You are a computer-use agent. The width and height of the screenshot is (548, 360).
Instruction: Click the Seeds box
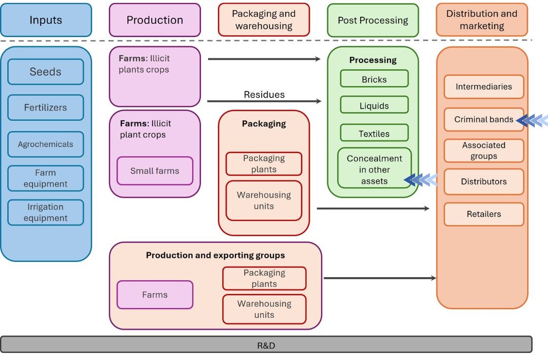[46, 72]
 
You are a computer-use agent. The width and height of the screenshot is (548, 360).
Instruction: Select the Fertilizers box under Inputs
[46, 108]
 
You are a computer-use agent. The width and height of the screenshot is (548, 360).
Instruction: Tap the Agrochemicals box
[46, 144]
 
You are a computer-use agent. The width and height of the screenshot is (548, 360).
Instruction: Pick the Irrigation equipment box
[46, 212]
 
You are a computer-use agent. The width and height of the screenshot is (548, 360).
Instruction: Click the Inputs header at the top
[46, 20]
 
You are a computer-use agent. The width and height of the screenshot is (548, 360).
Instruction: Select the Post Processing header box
[373, 20]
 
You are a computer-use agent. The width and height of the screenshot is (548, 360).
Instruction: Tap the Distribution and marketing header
[482, 20]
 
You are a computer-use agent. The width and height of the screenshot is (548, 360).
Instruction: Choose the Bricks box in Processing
[374, 79]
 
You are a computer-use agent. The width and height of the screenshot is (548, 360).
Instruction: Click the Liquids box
[374, 106]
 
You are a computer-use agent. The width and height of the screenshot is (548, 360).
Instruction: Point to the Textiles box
[374, 134]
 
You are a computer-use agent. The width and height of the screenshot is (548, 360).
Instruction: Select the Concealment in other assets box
[374, 169]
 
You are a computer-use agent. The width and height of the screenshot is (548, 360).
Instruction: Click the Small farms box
[155, 171]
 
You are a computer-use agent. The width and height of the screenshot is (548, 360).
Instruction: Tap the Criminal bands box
[484, 120]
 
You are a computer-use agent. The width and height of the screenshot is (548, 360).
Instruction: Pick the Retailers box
[484, 214]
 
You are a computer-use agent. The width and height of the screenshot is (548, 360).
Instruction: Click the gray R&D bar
[266, 345]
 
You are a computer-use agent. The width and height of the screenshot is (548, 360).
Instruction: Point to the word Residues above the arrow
[264, 94]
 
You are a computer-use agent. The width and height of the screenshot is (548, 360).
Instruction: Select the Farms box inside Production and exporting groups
[155, 294]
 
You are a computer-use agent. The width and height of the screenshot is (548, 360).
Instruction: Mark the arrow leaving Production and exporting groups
[380, 278]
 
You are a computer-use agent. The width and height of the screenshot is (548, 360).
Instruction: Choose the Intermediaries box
[484, 86]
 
